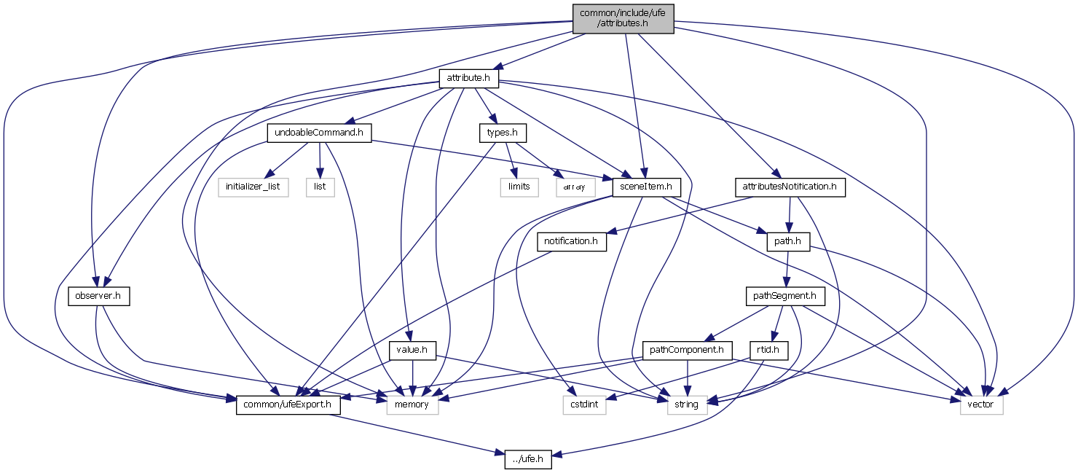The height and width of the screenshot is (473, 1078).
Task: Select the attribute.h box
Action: click(x=468, y=77)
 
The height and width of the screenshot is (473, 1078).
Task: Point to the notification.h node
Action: click(x=571, y=241)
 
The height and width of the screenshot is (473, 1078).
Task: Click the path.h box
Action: click(x=788, y=241)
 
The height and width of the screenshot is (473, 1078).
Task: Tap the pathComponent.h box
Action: click(x=687, y=351)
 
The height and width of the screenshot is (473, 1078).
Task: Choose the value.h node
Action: click(x=412, y=351)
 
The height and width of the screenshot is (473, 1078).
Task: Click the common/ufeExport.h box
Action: click(x=288, y=404)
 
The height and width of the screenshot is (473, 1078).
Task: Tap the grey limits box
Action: click(x=519, y=187)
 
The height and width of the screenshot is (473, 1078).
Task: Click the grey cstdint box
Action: click(x=584, y=404)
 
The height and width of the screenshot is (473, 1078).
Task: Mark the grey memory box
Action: click(x=412, y=404)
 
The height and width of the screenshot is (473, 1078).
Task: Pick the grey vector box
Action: click(x=982, y=404)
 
